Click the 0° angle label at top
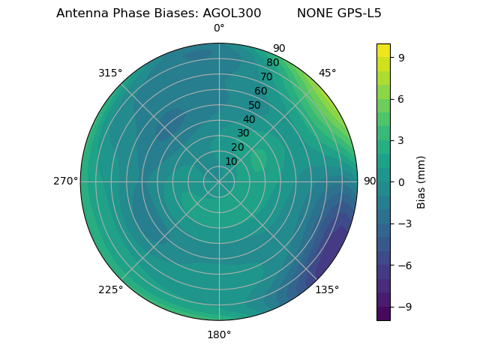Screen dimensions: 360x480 coord(219,28)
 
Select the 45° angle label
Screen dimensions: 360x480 coord(327,73)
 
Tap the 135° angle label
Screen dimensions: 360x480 coord(327,289)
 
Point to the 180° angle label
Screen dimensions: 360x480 coord(219,334)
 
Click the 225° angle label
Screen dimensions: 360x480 coord(110,289)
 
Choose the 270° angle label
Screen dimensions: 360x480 coord(65,181)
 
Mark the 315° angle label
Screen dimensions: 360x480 coord(110,73)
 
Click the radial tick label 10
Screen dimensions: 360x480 coord(232,161)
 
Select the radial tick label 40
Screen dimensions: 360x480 coord(249,119)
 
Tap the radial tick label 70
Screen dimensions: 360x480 coord(266,77)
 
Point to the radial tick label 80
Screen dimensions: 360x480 coord(272,63)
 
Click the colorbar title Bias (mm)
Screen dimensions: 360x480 coord(421,181)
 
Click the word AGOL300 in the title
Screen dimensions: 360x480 coord(232,13)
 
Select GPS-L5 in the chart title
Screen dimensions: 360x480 coord(357,13)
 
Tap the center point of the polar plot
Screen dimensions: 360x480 coord(219,181)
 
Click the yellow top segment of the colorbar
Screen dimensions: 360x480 coord(383,50)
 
